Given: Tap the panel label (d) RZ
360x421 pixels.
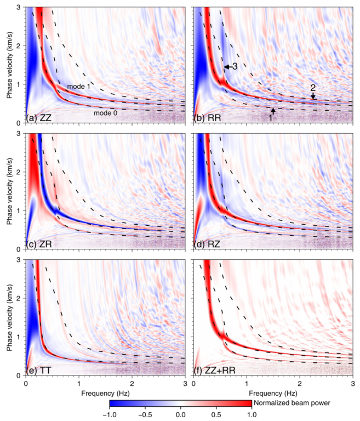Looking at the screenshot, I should pos(205,243).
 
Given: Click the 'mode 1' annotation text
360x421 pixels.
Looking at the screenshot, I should pos(78,86).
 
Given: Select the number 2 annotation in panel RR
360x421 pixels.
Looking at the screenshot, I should pos(313,88).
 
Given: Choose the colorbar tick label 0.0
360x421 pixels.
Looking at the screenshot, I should pos(181,415).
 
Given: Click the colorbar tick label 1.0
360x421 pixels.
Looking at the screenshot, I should pos(251,415).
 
